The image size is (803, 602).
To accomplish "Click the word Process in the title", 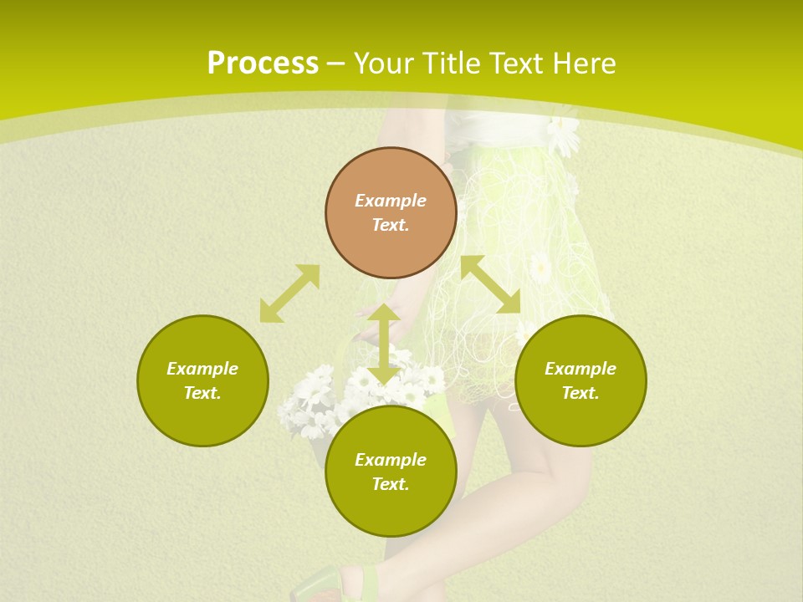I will click(263, 64).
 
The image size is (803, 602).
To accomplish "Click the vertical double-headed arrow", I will click(384, 344).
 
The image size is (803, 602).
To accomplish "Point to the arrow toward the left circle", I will click(289, 293).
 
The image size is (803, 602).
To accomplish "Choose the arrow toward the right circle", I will click(491, 284).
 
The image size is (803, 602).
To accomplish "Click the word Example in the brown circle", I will click(391, 201).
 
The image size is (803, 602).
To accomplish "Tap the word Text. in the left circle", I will click(202, 393).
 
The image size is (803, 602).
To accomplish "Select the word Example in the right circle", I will click(581, 369).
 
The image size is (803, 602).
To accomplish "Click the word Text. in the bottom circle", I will click(391, 484).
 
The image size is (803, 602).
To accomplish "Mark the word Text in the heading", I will click(516, 64).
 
